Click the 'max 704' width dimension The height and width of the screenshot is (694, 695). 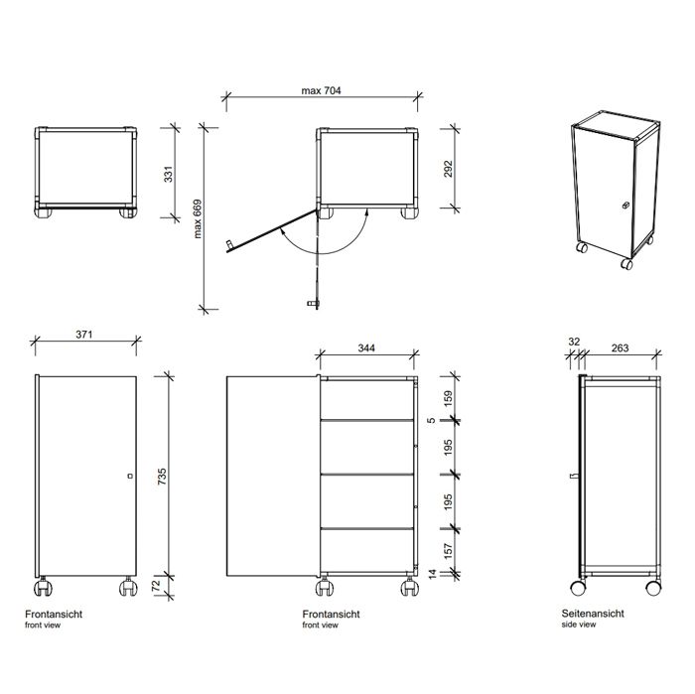coord(322,90)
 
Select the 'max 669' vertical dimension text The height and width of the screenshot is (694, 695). coord(197,219)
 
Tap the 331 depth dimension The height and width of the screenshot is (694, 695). coord(168,175)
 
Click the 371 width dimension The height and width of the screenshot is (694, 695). coord(84,335)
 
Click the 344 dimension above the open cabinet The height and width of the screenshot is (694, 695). coord(365,347)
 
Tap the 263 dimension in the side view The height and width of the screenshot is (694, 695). coord(620,347)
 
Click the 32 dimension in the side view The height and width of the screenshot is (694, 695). coord(574,341)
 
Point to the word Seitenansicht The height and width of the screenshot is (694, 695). coord(592,616)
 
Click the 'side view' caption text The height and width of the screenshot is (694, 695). coord(578,626)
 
